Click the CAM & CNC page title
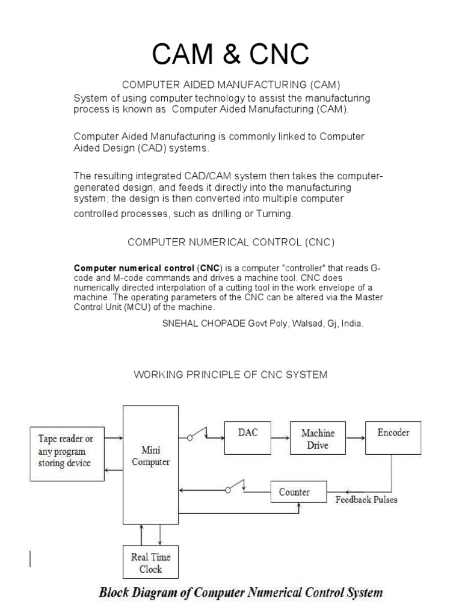(x=230, y=55)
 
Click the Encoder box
(x=393, y=437)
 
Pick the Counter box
(x=294, y=492)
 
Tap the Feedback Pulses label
(x=366, y=500)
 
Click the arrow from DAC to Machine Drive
(x=280, y=438)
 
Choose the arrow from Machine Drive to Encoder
(x=354, y=438)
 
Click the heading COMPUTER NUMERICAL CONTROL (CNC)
(x=230, y=242)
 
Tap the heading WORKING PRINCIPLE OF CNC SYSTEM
(x=230, y=375)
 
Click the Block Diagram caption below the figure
(x=241, y=593)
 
